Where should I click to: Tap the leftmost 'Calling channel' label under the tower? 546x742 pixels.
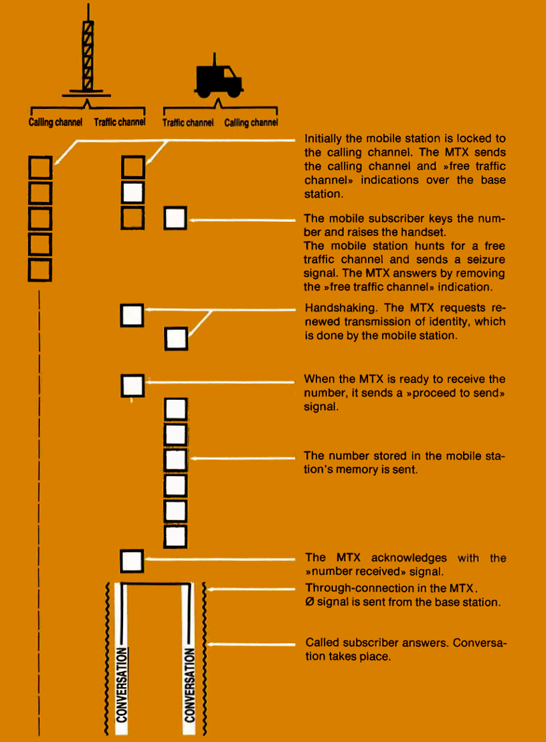tap(56, 123)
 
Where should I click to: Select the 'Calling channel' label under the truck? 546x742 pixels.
tap(251, 123)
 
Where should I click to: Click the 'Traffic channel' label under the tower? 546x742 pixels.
tap(120, 123)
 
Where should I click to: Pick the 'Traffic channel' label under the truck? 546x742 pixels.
tap(188, 123)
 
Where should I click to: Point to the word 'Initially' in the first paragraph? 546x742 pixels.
tap(324, 139)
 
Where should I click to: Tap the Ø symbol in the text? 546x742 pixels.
tap(309, 602)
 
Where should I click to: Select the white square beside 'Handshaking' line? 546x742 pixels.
tap(132, 315)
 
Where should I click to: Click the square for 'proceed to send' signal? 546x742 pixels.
tap(132, 385)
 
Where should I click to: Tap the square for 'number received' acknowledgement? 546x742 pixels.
tap(132, 560)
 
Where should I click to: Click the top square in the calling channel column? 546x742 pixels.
tap(41, 166)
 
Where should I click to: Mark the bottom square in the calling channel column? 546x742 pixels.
tap(41, 269)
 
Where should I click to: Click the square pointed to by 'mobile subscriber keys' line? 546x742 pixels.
tap(175, 218)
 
